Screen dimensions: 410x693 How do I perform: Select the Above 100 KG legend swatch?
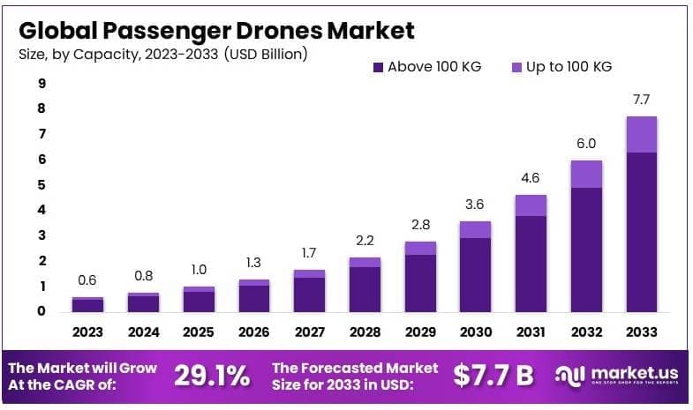pos(378,67)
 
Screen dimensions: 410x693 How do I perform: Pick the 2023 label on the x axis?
pos(87,332)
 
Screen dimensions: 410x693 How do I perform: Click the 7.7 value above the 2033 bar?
pos(641,99)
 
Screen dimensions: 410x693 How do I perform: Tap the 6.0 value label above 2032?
pos(586,143)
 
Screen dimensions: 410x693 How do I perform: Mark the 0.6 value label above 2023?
pos(87,280)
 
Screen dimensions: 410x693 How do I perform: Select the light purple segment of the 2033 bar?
pos(641,134)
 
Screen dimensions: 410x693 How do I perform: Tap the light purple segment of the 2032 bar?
pos(586,174)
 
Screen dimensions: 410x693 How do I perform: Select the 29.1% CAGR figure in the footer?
pos(212,376)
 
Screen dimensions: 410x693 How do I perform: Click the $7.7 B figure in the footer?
pos(493,376)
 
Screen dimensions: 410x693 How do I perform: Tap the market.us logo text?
pos(629,373)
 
